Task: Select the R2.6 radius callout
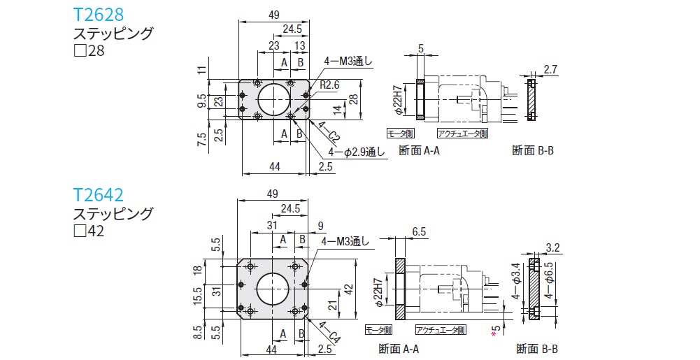click(x=330, y=85)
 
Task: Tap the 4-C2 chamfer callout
click(x=329, y=131)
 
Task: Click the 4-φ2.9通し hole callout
click(x=355, y=152)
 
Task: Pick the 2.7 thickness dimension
click(x=550, y=69)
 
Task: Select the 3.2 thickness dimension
click(x=552, y=247)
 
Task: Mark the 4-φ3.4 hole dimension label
click(x=516, y=285)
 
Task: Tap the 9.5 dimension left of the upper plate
click(x=201, y=102)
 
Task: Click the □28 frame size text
click(x=89, y=51)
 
